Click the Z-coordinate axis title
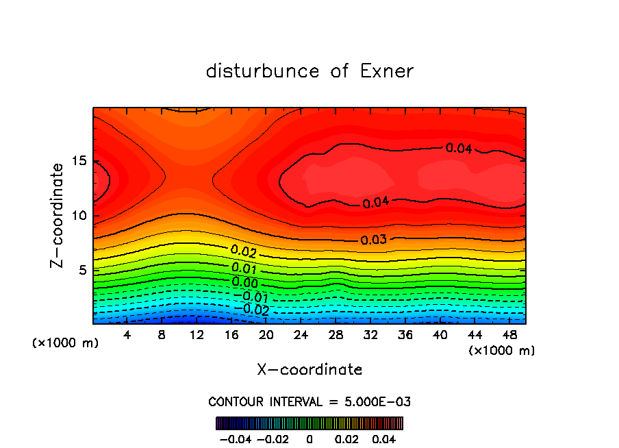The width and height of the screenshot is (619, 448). [x=58, y=215]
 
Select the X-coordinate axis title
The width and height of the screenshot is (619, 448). [x=309, y=370]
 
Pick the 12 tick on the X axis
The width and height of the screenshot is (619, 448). [x=197, y=335]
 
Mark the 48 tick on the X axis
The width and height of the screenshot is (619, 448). [x=509, y=335]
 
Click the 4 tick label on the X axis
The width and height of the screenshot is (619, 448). [x=127, y=335]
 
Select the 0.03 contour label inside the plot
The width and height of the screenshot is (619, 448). [x=374, y=240]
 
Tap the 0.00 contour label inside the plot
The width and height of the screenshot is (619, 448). [x=244, y=282]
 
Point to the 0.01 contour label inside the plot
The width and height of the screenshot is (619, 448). [x=244, y=268]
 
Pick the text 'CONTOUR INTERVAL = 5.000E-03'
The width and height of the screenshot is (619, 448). [x=309, y=401]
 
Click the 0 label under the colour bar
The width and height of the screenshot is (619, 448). [x=309, y=438]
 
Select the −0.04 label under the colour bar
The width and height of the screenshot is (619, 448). [x=235, y=438]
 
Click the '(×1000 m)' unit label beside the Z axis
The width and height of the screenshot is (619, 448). [x=65, y=343]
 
